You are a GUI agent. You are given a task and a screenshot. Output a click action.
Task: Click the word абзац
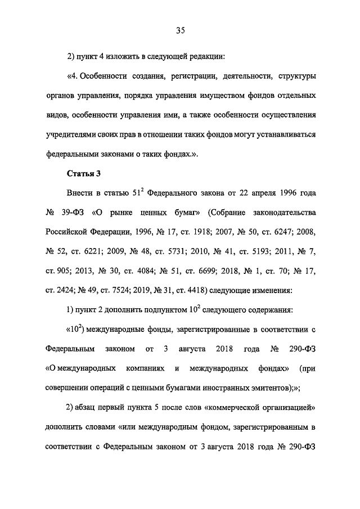click(88, 406)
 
